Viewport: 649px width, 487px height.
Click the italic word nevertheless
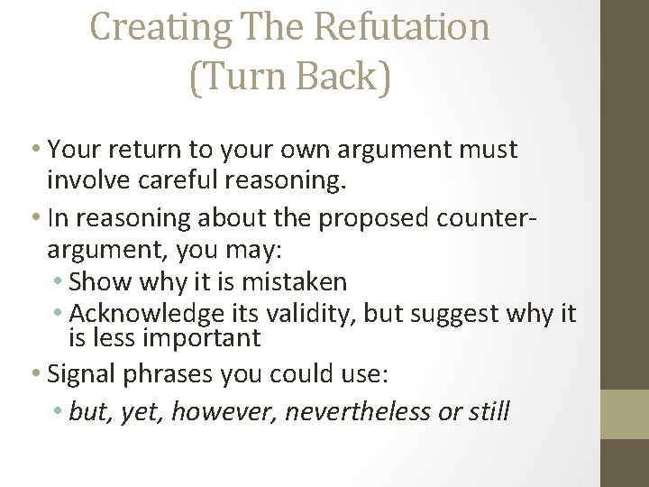tap(358, 412)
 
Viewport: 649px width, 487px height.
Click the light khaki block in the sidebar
tap(625, 413)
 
